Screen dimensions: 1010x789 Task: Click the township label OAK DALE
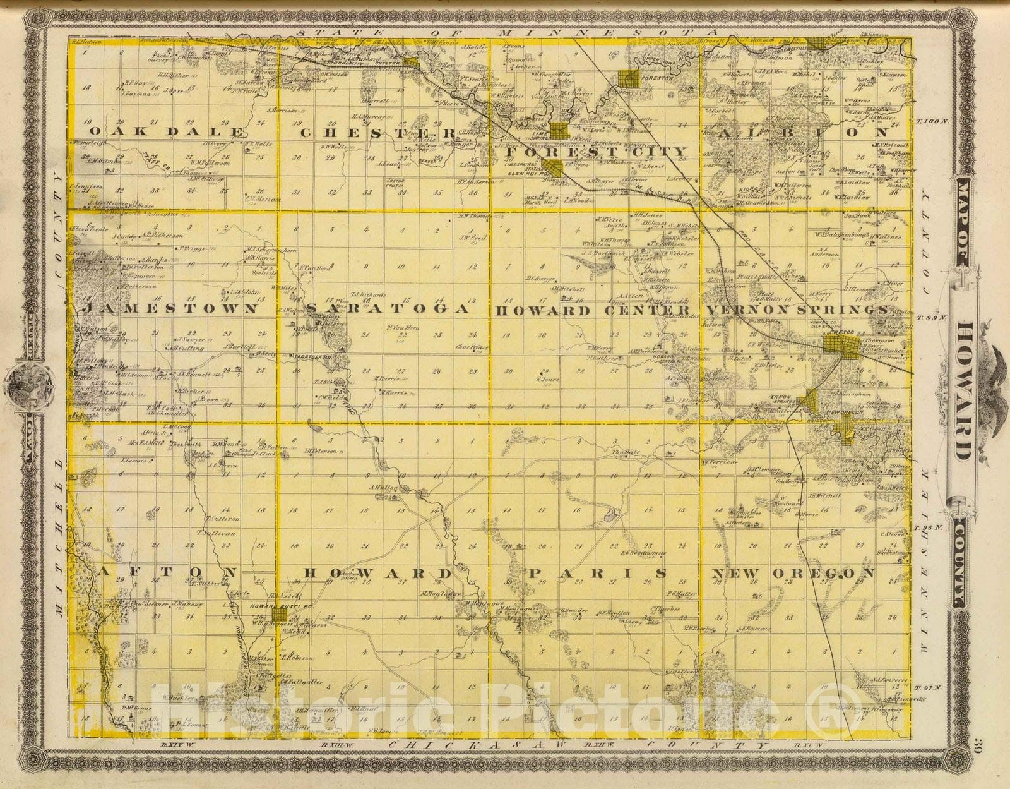[x=167, y=132]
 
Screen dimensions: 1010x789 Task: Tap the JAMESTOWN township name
[x=171, y=309]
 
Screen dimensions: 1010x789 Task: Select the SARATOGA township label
[x=388, y=309]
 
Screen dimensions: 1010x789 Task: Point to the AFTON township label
[x=167, y=573]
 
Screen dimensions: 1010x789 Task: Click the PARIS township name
[x=597, y=573]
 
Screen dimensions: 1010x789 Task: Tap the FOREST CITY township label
[x=597, y=152]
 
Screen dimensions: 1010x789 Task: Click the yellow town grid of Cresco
[x=841, y=346]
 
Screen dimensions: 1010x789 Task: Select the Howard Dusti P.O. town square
[x=278, y=615]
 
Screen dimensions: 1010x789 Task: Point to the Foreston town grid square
[x=629, y=78]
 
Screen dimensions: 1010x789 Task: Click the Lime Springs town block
[x=559, y=131]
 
